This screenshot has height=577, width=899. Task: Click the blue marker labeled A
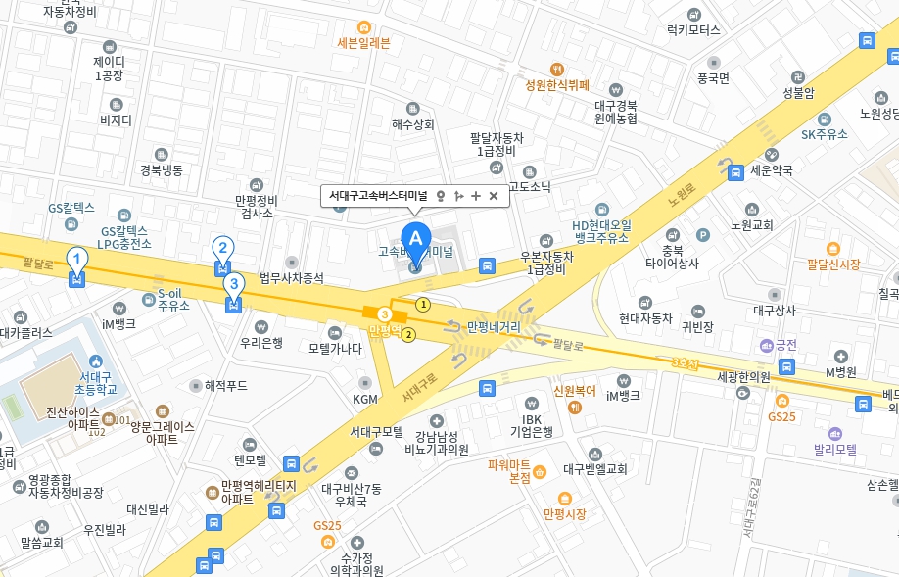click(x=416, y=239)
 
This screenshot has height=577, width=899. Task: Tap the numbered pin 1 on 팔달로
click(x=76, y=260)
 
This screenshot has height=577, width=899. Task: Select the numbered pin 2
click(x=223, y=249)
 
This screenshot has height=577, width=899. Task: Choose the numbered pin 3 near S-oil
click(x=233, y=285)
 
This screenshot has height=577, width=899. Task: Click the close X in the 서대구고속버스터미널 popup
click(x=494, y=196)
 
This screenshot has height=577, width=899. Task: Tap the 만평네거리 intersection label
click(x=494, y=326)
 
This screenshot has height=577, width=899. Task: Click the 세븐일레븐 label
click(x=363, y=43)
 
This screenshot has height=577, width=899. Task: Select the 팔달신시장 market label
click(x=833, y=264)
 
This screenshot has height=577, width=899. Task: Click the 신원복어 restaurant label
click(x=575, y=390)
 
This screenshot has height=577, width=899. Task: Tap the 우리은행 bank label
click(x=261, y=342)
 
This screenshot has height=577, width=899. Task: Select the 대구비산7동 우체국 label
click(x=357, y=494)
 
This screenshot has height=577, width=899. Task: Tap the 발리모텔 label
click(x=835, y=450)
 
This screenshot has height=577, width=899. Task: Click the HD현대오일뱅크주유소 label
click(x=601, y=231)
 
